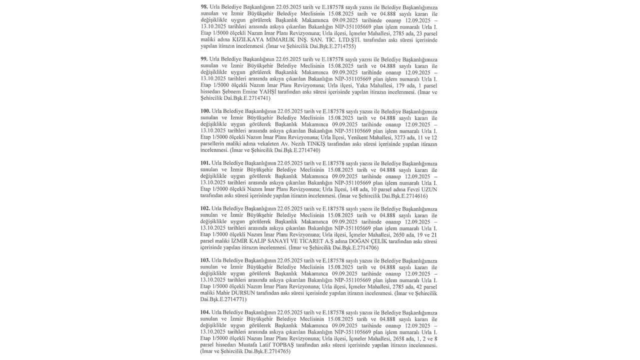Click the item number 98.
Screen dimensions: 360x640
tap(204, 7)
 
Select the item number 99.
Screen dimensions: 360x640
tap(204, 59)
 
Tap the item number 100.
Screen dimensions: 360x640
tap(205, 111)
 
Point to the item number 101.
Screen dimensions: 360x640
tap(205, 163)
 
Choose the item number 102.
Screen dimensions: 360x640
tap(205, 208)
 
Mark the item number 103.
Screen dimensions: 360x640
tap(205, 260)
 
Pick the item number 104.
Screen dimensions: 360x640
tap(205, 312)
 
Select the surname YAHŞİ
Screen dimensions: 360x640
tap(267, 91)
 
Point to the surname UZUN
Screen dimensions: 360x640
tap(429, 189)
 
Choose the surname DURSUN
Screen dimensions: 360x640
tap(243, 293)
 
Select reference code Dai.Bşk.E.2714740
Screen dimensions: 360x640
tap(296, 150)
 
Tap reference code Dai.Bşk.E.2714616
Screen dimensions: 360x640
tap(404, 195)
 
